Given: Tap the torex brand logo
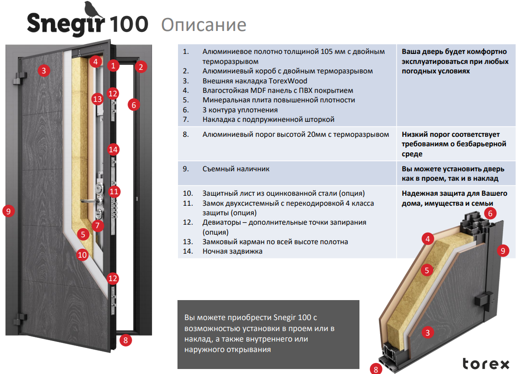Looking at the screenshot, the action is [x=486, y=364].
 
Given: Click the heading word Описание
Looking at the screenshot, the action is [x=204, y=24].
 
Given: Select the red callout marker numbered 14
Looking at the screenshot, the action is [x=113, y=150].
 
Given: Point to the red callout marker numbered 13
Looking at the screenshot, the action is [x=97, y=99].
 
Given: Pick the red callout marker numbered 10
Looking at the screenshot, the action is [x=82, y=255].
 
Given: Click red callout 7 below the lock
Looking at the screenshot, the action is [x=98, y=226].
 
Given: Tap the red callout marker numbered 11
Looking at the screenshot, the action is [x=114, y=191].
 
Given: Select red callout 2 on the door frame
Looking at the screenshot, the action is [x=141, y=67].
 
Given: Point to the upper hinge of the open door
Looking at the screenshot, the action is [x=20, y=78].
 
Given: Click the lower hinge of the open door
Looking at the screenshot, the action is [x=20, y=319].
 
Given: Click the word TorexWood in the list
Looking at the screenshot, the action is [x=288, y=81].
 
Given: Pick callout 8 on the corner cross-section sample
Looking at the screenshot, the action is [x=376, y=369].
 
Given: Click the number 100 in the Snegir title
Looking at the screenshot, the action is [x=129, y=24].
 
